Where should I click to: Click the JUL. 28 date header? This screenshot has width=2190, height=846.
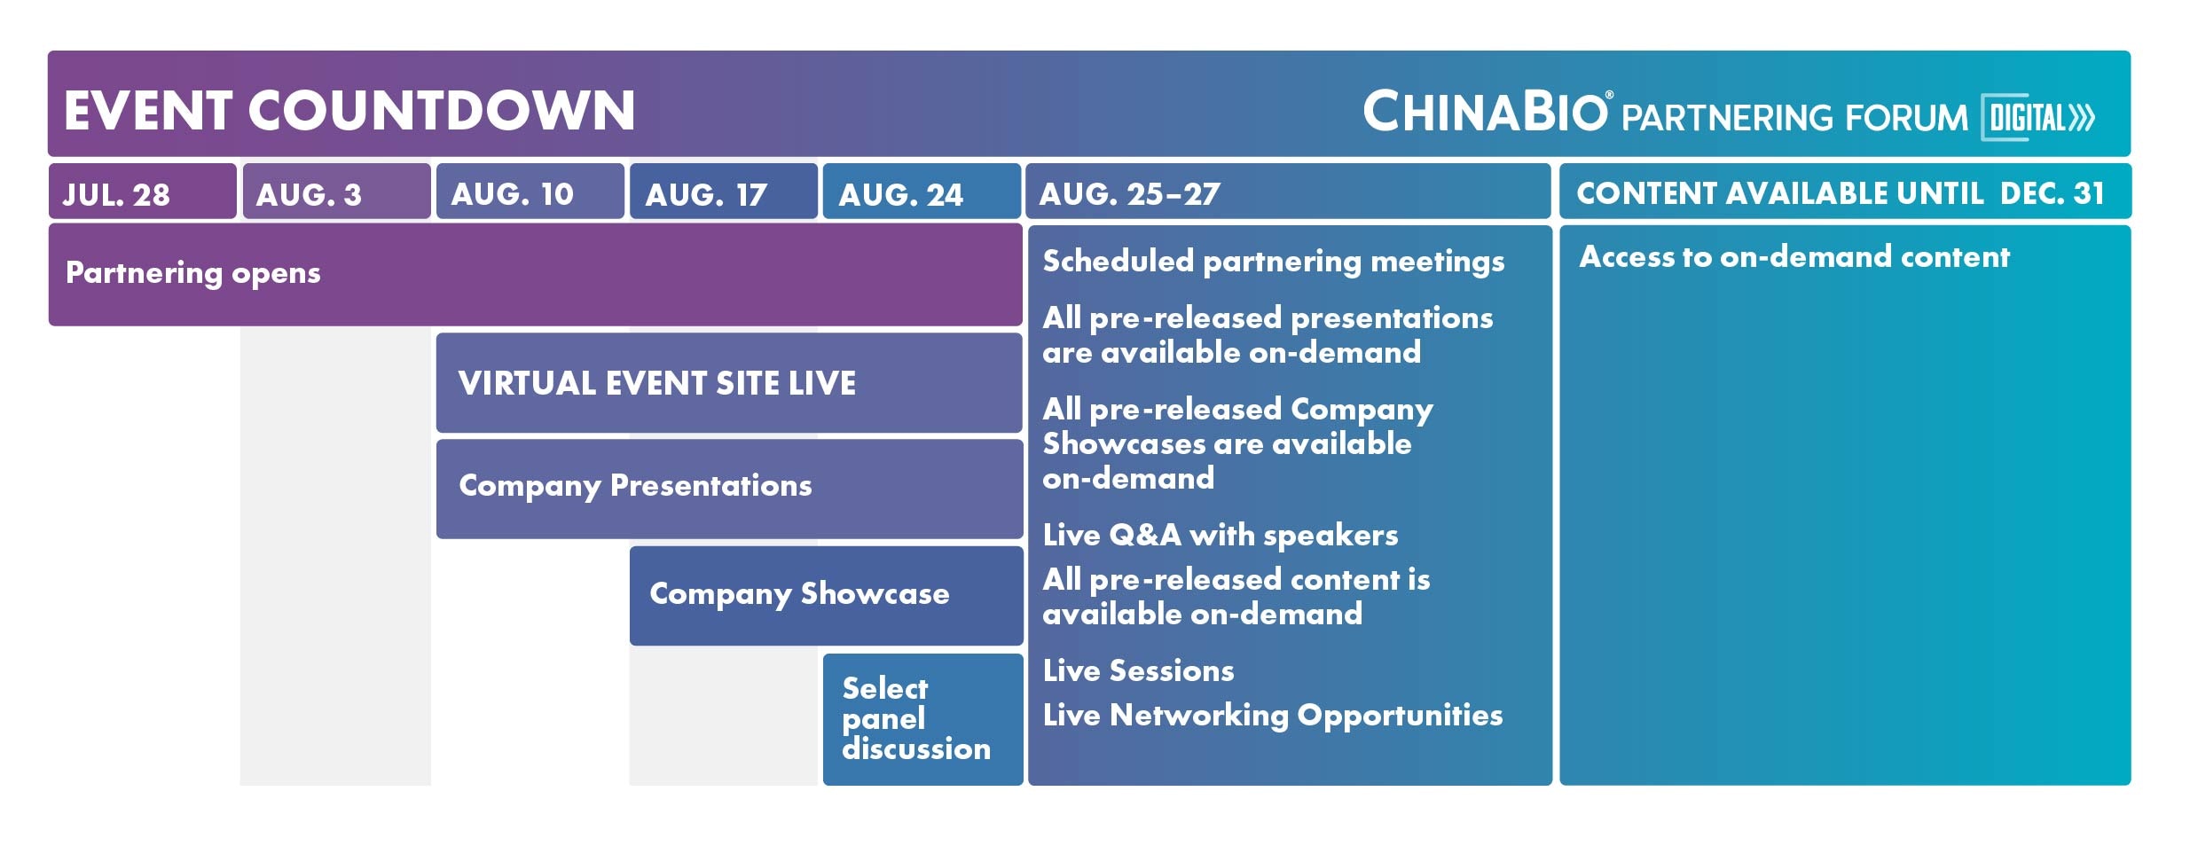[143, 191]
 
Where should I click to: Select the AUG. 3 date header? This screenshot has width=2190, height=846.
[336, 191]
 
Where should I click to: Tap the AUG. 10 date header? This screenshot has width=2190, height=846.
[530, 191]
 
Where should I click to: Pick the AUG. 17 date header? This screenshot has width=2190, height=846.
[723, 191]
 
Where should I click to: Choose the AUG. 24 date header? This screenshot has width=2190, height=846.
[922, 191]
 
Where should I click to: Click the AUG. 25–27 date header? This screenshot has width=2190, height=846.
[1288, 191]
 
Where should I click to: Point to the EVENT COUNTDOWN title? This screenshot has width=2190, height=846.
[349, 111]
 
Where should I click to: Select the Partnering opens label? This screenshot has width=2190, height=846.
[193, 273]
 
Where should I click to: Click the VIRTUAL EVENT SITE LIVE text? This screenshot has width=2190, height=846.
[657, 383]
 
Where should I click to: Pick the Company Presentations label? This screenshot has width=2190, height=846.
[635, 486]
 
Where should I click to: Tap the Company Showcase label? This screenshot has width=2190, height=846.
[799, 594]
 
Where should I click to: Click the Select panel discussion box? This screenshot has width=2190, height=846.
[922, 719]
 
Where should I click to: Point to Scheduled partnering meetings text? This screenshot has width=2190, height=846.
[1274, 262]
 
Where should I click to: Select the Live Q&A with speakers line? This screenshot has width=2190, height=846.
[1221, 535]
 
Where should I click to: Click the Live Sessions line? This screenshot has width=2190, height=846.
[1139, 670]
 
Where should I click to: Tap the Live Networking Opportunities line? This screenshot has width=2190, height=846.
[1273, 716]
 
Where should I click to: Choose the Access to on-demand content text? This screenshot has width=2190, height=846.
[1794, 256]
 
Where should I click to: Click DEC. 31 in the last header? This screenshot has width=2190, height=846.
[2052, 192]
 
